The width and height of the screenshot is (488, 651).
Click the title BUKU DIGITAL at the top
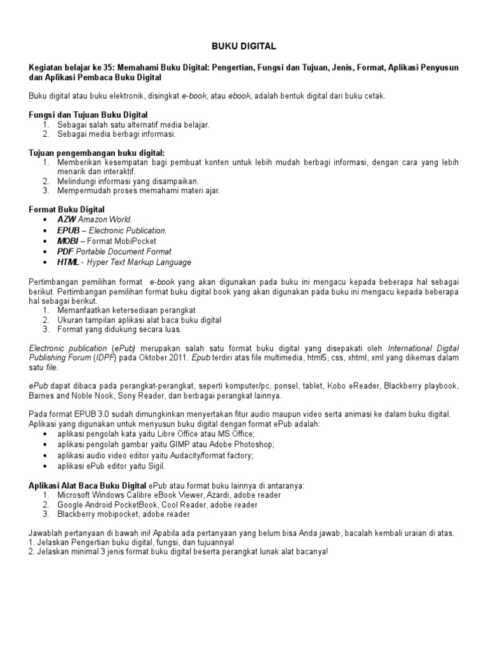pyautogui.click(x=243, y=46)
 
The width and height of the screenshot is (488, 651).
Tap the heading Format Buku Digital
pyautogui.click(x=67, y=209)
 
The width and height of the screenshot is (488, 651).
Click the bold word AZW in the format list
pyautogui.click(x=66, y=219)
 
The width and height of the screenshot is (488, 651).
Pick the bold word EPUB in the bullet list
pyautogui.click(x=69, y=230)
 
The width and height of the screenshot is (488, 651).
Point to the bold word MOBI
pyautogui.click(x=68, y=241)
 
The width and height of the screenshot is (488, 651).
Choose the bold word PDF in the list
pyautogui.click(x=65, y=252)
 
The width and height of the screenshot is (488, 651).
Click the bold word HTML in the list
pyautogui.click(x=69, y=263)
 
